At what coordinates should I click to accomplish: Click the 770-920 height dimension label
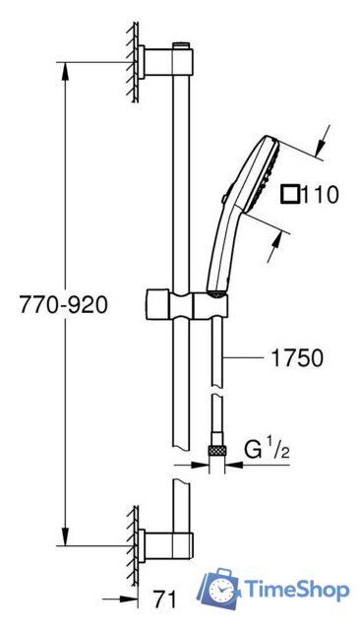point(63,304)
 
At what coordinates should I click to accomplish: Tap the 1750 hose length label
point(297,357)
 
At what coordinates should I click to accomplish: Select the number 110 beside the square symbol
point(320,195)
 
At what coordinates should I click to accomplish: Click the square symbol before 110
point(290,195)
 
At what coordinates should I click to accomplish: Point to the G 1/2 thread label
point(267,450)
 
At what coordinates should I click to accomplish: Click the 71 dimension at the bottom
point(164,600)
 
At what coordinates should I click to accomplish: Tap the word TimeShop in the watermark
point(297,590)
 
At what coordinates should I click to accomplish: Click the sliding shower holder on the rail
point(186,304)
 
